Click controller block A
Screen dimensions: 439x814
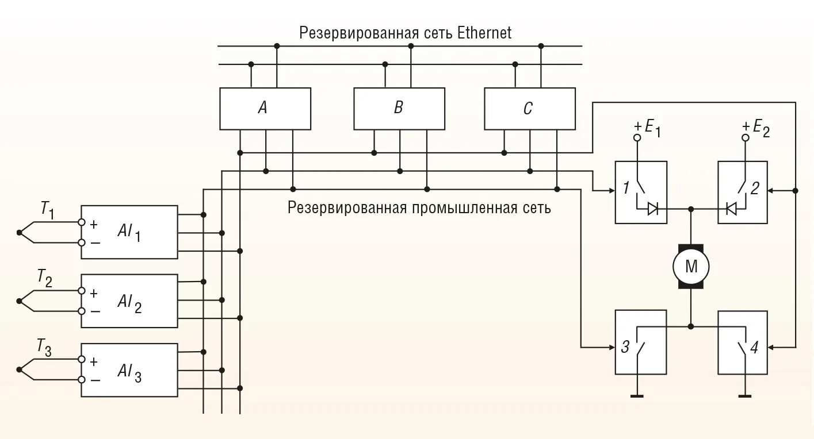[x=265, y=109]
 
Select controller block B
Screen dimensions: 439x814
[x=399, y=109]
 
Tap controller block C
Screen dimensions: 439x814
[x=529, y=109]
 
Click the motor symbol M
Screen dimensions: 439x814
[x=691, y=266]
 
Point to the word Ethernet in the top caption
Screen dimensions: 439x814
[x=484, y=33]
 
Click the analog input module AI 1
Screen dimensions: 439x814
[x=129, y=232]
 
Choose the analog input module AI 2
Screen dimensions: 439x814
[x=129, y=301]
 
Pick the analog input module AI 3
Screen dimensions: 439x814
[x=129, y=370]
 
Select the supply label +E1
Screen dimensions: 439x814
[x=647, y=128]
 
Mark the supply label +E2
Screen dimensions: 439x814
[x=755, y=128]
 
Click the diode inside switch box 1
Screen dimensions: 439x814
[x=653, y=209]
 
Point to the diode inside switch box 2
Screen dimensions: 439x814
[x=731, y=209]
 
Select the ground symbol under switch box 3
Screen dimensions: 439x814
[x=637, y=395]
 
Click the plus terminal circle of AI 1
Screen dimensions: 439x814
[x=82, y=222]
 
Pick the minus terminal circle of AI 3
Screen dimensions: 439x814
[x=82, y=380]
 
